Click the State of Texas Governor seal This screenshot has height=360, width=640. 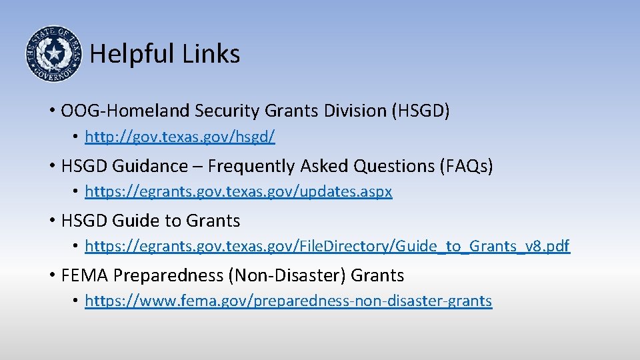coord(53,53)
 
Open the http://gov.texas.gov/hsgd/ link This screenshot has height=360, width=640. coord(180,137)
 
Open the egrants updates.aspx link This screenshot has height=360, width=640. coord(239,192)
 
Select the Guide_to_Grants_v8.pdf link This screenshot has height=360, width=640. coord(327,247)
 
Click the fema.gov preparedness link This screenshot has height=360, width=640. coord(289,301)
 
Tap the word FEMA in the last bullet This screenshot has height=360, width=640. coord(84,275)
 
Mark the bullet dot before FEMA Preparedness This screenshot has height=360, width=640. coord(51,275)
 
